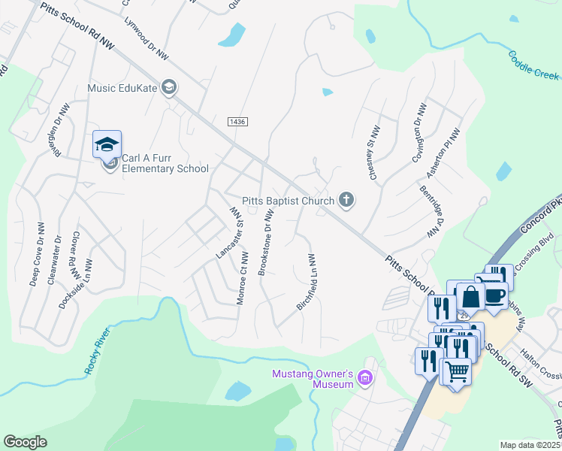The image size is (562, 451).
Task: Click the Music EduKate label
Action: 122,88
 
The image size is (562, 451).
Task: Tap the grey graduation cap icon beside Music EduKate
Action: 169,87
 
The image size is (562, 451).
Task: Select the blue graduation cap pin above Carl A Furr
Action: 107,144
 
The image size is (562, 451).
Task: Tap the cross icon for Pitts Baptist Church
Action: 346,200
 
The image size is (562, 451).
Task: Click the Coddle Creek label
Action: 533,65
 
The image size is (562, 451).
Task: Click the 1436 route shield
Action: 237,121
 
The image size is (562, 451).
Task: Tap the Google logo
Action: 25,442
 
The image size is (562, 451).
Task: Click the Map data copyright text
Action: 530,445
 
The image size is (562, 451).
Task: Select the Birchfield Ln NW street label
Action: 306,283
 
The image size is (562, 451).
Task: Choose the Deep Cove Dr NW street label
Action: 36,255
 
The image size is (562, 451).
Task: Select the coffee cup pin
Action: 494,295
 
